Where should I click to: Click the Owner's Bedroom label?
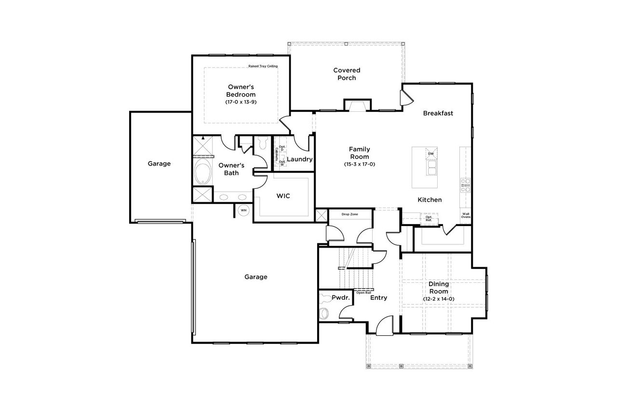[241, 91]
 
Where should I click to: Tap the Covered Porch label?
[347, 74]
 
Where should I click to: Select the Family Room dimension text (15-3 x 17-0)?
[359, 164]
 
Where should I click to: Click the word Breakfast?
[438, 113]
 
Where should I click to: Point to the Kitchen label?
[429, 199]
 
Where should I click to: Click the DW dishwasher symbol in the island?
[431, 154]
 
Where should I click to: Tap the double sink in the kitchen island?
[430, 168]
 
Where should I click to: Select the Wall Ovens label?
[466, 215]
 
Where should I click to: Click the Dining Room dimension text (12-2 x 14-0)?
[439, 299]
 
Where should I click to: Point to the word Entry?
[378, 298]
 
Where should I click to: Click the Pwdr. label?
[340, 298]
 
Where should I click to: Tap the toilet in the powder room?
[324, 313]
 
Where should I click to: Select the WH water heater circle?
[243, 211]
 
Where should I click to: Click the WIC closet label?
[283, 197]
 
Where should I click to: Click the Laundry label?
[300, 159]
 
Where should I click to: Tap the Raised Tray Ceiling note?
[263, 66]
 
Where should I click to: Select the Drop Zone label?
[349, 214]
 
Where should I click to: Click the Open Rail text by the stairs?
[363, 292]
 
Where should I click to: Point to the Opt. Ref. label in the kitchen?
[429, 218]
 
